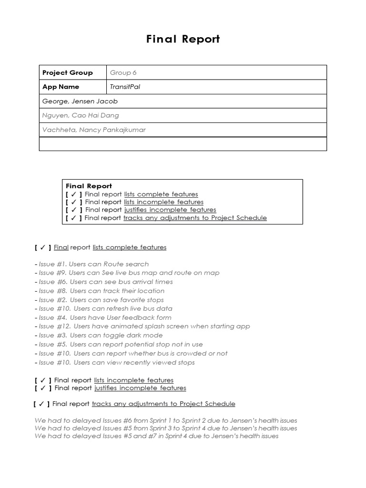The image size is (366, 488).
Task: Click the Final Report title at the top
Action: (x=183, y=39)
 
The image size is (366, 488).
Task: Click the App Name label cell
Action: (x=61, y=87)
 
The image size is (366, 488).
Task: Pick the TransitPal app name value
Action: (x=125, y=87)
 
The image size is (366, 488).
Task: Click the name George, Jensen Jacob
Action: (x=80, y=101)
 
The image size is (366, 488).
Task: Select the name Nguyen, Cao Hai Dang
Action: (x=81, y=115)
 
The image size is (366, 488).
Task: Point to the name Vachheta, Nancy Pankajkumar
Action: (x=94, y=130)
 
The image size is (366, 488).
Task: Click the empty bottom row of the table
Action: (x=183, y=144)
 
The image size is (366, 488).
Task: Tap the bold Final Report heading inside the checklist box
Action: (x=89, y=186)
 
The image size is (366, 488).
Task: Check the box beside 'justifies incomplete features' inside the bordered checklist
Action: (x=74, y=210)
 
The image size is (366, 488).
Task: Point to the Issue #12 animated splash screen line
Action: (x=144, y=326)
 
